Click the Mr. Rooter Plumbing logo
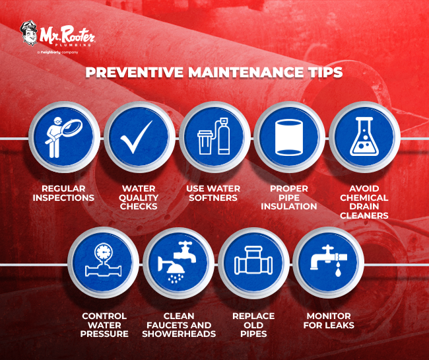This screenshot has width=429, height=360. click(58, 35)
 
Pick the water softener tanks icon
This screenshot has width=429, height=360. click(214, 139)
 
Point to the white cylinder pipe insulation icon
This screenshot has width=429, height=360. click(289, 139)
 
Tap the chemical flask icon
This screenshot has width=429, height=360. click(364, 139)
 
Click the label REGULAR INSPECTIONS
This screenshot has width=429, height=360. click(65, 193)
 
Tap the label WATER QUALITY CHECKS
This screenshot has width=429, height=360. click(139, 198)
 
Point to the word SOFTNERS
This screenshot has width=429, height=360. click(213, 198)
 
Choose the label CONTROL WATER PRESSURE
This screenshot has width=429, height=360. click(104, 324)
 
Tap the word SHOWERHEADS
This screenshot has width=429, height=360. click(179, 334)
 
